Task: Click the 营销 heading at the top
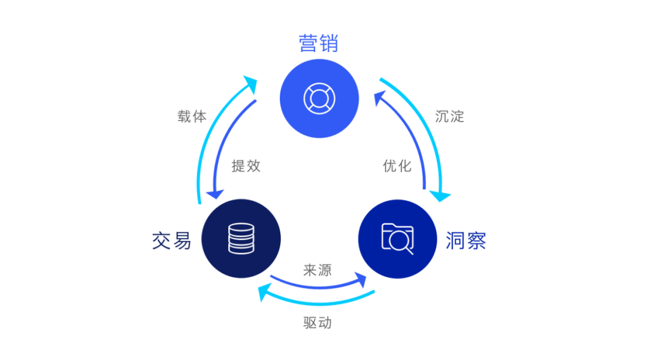[319, 43]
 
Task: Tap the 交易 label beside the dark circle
[171, 241]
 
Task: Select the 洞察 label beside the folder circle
[465, 241]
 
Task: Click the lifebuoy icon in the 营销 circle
[319, 98]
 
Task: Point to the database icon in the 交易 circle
[241, 238]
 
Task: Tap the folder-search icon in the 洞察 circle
[397, 238]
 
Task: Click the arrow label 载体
[192, 117]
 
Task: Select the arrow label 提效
[246, 166]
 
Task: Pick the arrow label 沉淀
[450, 116]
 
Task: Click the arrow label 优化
[397, 166]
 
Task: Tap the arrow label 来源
[318, 270]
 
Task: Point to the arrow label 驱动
[318, 323]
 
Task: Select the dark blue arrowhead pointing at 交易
[214, 194]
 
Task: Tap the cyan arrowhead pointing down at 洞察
[443, 195]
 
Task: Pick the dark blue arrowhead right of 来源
[361, 279]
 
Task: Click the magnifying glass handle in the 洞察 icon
[409, 250]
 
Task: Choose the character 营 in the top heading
[309, 43]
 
